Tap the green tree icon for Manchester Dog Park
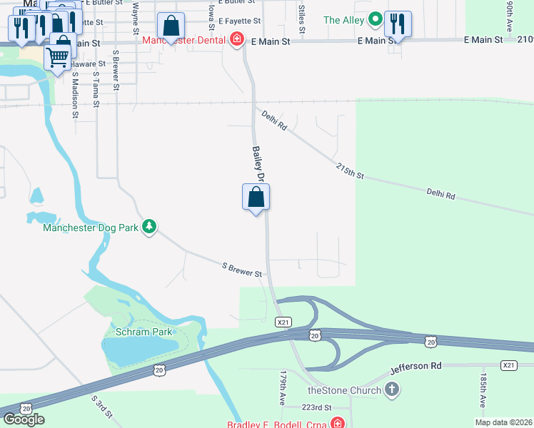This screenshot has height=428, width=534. tap(148, 228)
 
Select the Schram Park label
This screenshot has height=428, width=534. tap(143, 332)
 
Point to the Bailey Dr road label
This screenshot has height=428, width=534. tap(258, 164)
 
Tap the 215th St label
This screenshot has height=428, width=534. tap(351, 171)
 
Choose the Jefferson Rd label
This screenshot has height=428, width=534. tap(416, 366)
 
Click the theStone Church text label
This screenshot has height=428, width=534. tap(341, 389)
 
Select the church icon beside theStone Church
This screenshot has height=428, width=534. tap(391, 389)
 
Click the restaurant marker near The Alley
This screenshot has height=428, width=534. tap(398, 24)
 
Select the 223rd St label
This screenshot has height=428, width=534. tap(316, 407)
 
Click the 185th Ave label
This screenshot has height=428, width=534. tap(483, 390)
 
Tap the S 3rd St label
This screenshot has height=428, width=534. tap(101, 407)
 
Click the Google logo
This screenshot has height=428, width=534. tap(24, 419)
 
